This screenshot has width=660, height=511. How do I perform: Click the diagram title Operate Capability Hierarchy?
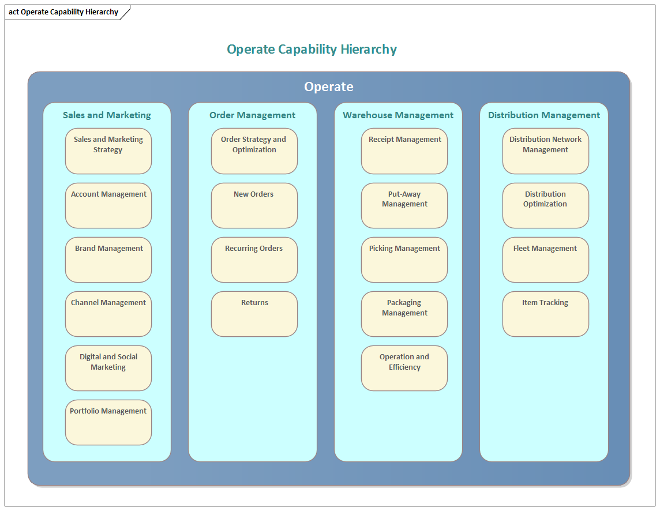point(312,50)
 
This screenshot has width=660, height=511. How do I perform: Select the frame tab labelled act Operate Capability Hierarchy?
point(63,12)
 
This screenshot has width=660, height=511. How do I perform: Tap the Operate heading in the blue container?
point(328,87)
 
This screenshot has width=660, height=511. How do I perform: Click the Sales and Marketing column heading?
point(107,115)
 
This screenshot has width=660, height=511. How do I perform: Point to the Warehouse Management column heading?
point(398,115)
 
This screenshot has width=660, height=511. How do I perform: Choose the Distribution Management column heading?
point(544,115)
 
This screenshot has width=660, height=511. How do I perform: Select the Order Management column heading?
point(253,115)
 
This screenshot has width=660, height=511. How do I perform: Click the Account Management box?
point(108,205)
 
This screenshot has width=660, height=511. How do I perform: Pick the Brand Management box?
point(108,260)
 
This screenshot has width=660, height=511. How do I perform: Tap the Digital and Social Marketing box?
point(108,368)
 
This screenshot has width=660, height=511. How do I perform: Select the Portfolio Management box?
point(108,422)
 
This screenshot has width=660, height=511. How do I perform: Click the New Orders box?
point(254,205)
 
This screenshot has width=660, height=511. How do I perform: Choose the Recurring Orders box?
point(254,260)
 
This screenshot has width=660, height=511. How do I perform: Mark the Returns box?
point(254,314)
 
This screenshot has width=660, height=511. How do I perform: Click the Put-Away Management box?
point(404,205)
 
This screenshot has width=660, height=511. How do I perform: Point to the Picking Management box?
point(404,260)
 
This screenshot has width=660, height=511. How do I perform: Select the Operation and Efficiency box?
point(404,368)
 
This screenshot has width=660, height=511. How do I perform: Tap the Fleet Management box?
point(546,260)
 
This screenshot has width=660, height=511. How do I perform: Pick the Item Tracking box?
point(546,314)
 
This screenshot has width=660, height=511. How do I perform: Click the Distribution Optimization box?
point(546,205)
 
